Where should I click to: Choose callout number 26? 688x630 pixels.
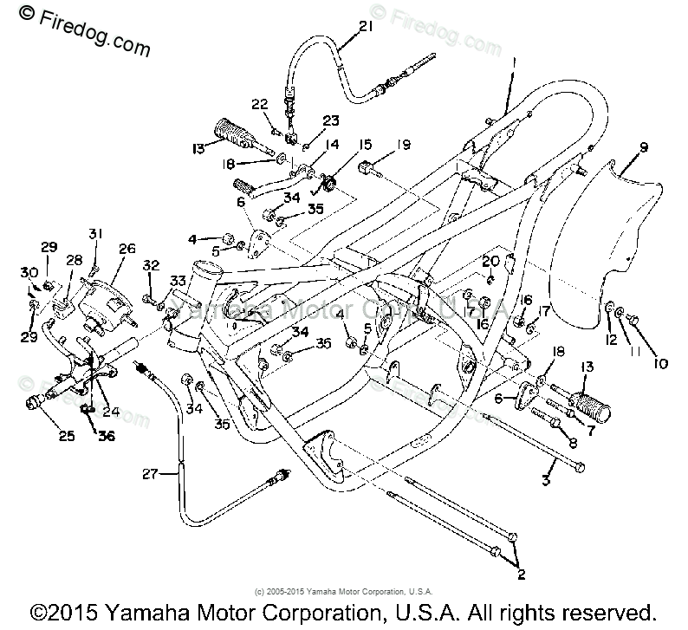(127, 250)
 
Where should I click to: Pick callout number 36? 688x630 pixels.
(107, 436)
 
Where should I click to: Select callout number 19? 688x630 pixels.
(405, 144)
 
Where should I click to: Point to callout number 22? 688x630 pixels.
(261, 105)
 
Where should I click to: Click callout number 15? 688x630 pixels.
(365, 144)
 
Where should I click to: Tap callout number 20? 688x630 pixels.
(491, 261)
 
